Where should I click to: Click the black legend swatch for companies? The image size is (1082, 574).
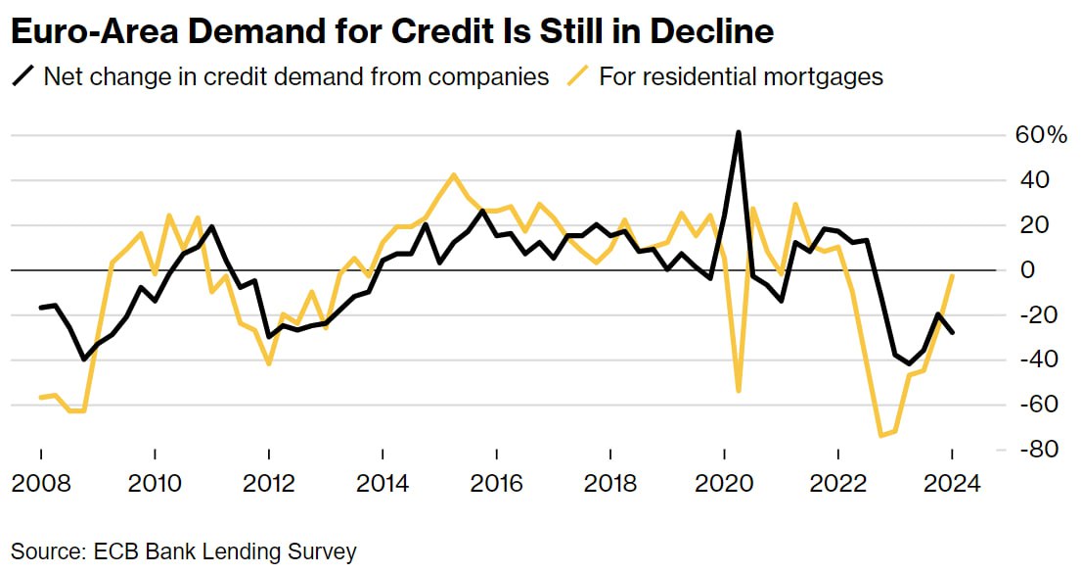(x=24, y=76)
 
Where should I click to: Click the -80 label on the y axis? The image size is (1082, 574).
(x=1037, y=450)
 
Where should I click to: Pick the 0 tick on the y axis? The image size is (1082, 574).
(x=1026, y=270)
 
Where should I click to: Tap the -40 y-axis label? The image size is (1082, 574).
(x=1037, y=359)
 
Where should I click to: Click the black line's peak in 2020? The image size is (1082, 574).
(x=739, y=132)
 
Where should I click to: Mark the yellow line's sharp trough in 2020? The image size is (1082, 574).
(x=738, y=391)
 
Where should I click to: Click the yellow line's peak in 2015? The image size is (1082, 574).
(x=453, y=175)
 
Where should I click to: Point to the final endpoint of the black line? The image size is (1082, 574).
(x=953, y=333)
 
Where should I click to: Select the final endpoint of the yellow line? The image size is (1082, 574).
(x=953, y=276)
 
